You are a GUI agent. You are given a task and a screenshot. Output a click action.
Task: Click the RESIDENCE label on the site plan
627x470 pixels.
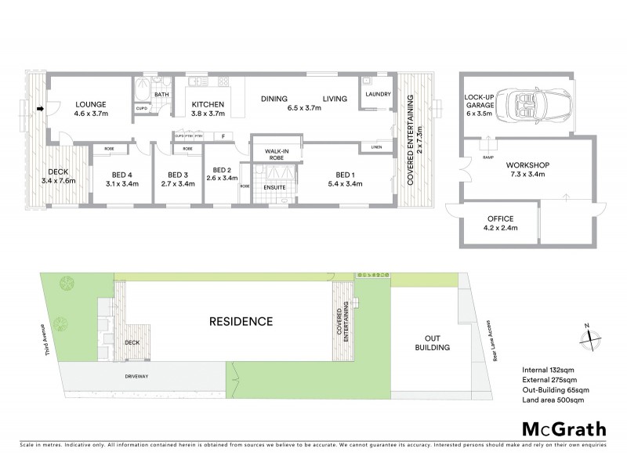pyautogui.click(x=241, y=321)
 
